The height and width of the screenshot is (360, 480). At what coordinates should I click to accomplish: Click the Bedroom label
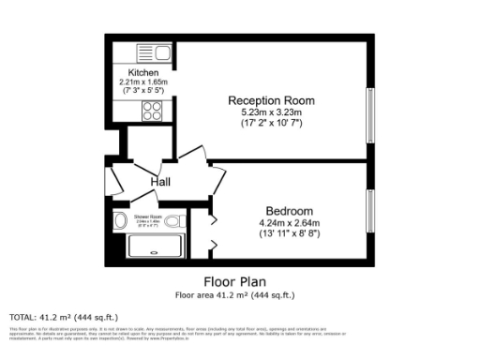point(289,211)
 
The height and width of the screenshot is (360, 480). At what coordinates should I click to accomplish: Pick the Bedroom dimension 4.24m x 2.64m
point(289,223)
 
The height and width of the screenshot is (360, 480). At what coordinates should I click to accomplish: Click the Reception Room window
point(369,113)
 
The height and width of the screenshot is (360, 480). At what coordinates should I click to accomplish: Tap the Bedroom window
point(369,210)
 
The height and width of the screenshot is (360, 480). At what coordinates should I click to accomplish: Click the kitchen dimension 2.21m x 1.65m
point(143,82)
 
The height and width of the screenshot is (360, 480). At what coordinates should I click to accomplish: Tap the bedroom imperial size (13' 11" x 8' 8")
point(289,234)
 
